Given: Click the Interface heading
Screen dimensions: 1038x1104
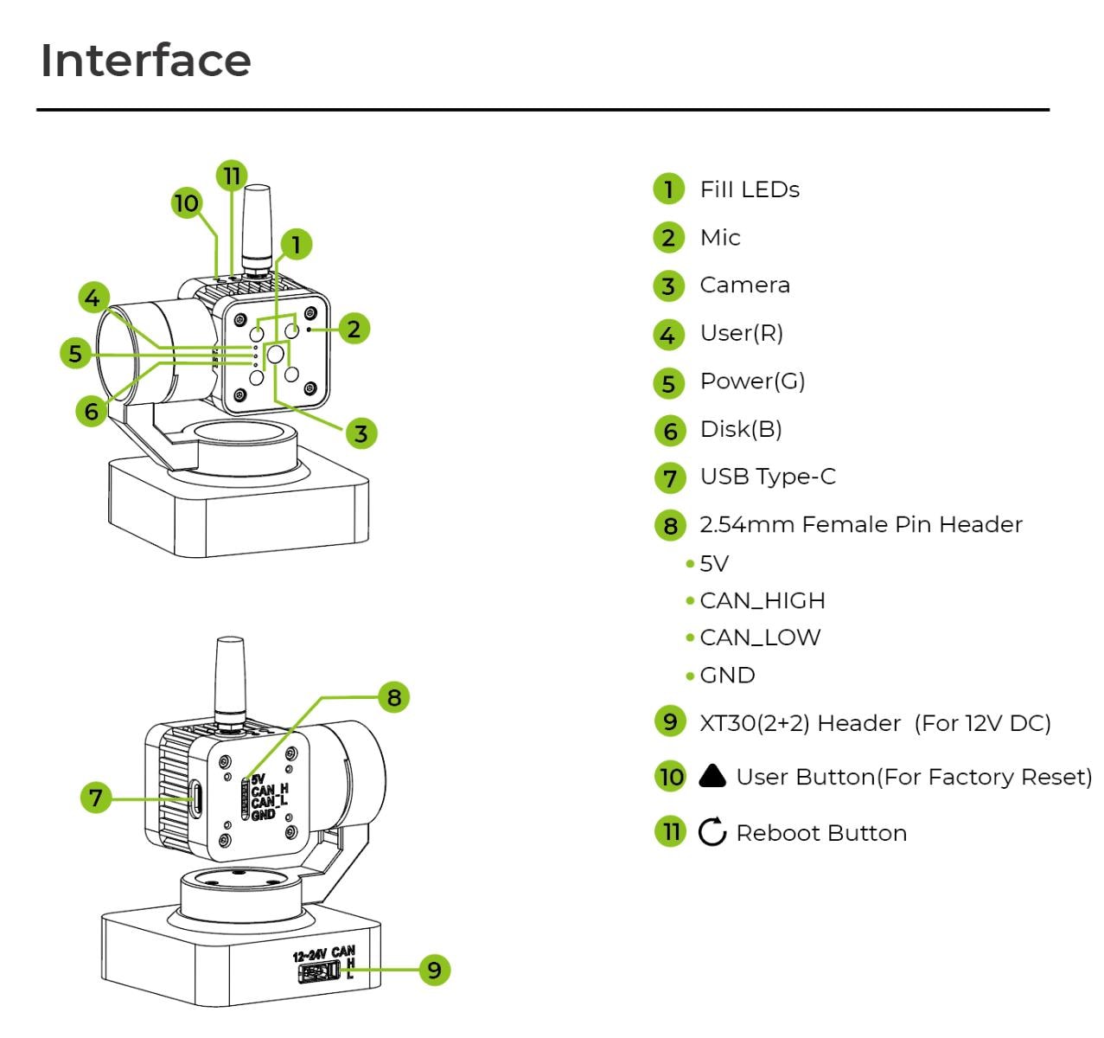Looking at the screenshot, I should (145, 61).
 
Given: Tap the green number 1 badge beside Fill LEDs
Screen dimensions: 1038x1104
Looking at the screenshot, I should (668, 189).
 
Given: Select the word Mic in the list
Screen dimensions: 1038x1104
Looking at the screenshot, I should (719, 238).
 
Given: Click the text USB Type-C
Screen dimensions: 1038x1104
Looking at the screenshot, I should (768, 477).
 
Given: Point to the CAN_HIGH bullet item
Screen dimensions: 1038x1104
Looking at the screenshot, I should (762, 600).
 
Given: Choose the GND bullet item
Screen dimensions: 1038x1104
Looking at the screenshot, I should (727, 675).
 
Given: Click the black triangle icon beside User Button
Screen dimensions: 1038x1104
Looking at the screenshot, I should (712, 776).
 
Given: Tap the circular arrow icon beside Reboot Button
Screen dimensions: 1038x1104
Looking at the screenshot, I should (712, 832).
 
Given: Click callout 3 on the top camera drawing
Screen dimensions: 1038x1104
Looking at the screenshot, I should (361, 432).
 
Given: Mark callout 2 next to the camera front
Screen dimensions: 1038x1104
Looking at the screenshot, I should (354, 329).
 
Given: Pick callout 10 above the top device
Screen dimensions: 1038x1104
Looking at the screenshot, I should (186, 204).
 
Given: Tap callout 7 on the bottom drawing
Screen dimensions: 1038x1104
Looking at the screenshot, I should (96, 797).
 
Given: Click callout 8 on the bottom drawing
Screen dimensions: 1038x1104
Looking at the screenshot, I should (394, 697).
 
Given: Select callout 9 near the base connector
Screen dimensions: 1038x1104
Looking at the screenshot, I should (434, 970).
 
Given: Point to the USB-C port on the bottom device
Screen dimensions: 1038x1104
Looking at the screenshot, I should (196, 798).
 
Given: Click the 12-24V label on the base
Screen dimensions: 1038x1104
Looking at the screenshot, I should (310, 955).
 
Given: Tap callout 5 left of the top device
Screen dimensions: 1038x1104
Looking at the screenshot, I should (76, 353).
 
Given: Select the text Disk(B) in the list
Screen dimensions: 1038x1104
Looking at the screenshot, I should (740, 429).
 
